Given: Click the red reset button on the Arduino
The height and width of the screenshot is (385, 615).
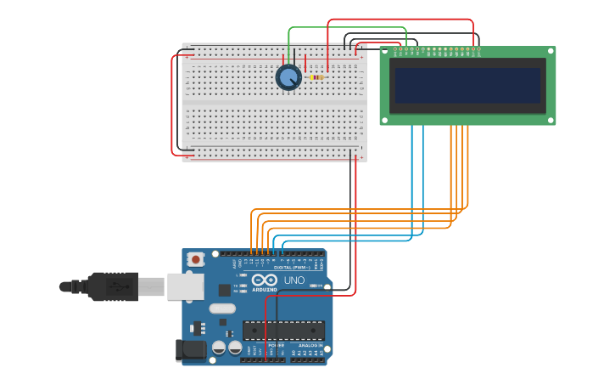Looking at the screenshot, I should click(x=196, y=259).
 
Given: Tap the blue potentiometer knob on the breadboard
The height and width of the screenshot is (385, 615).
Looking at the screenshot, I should click(x=288, y=77).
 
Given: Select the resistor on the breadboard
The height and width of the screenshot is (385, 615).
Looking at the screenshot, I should click(x=316, y=77).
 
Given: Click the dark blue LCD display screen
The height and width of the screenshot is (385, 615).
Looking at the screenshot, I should click(x=467, y=85).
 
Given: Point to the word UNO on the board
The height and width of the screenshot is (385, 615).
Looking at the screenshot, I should click(x=294, y=280).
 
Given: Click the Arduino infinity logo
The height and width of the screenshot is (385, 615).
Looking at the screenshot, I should click(x=265, y=280).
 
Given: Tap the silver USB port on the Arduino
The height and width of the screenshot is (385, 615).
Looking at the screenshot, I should click(x=185, y=286).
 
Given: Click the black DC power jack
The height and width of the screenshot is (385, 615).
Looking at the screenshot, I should click(x=190, y=349).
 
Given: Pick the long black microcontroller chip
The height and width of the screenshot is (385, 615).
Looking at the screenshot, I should click(x=283, y=330).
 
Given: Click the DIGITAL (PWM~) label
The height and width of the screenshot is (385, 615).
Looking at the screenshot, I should click(x=291, y=268).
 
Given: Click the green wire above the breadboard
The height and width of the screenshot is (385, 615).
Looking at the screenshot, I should click(x=348, y=28).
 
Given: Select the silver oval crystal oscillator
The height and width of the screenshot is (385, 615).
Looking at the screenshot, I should click(x=222, y=309).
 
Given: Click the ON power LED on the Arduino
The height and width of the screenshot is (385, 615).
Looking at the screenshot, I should click(x=316, y=286).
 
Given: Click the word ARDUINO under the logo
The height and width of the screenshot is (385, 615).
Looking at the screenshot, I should click(x=265, y=290).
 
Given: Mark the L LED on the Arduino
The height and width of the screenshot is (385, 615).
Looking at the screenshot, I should click(x=243, y=275).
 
